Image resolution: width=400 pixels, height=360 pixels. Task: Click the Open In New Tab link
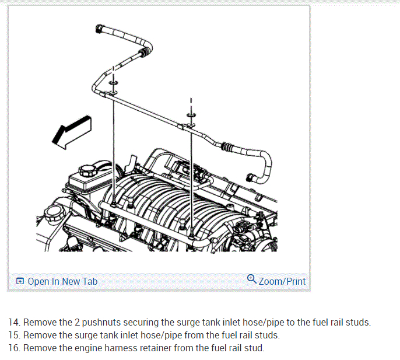point(62,281)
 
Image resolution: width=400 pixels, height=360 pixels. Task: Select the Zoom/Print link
point(282,281)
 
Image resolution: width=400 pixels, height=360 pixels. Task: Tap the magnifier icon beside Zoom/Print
point(252,279)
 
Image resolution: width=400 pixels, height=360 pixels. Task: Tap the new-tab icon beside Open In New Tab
point(20,282)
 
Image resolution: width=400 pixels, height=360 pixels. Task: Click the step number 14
point(14,322)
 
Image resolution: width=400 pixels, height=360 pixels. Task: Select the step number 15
point(14,335)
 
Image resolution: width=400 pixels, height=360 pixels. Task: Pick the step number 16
point(14,348)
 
